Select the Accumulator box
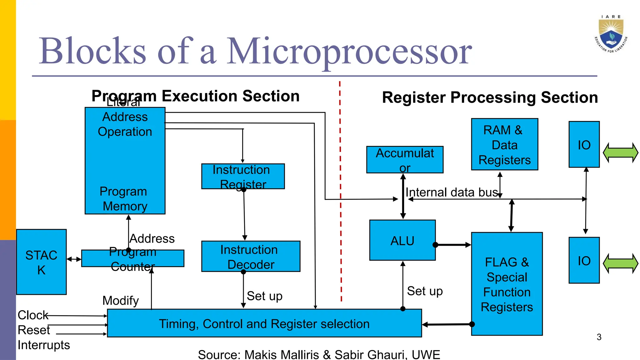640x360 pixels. click(x=405, y=160)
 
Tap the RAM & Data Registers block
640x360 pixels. click(x=504, y=144)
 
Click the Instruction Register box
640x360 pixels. click(x=243, y=176)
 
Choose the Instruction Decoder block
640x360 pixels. click(x=251, y=256)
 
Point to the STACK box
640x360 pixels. click(x=41, y=262)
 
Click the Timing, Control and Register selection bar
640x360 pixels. click(x=264, y=323)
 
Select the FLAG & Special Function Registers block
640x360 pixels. click(x=507, y=284)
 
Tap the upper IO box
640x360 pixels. click(x=584, y=144)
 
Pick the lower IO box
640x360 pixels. click(x=584, y=260)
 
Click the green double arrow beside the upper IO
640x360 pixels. click(x=620, y=152)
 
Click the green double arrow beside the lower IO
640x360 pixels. click(x=620, y=263)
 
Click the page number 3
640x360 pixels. click(x=599, y=337)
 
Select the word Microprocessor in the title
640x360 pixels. click(x=349, y=51)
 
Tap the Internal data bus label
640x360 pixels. click(x=451, y=192)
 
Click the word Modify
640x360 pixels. click(x=121, y=301)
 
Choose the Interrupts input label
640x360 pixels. click(x=44, y=345)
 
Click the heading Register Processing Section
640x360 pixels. click(x=490, y=97)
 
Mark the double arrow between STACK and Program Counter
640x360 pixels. click(x=74, y=259)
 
